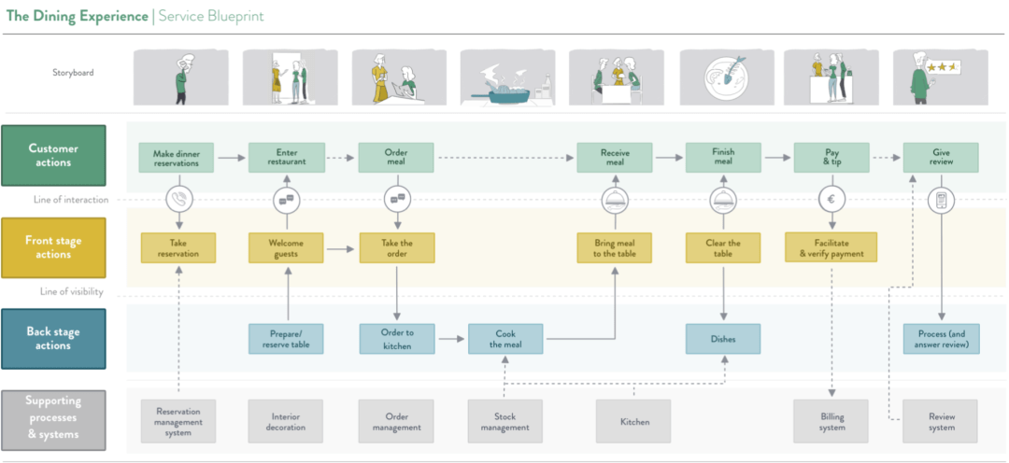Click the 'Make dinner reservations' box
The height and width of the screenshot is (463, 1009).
click(x=178, y=158)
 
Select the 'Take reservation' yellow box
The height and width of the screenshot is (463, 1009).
click(x=178, y=248)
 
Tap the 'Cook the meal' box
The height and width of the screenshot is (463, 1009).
click(x=505, y=339)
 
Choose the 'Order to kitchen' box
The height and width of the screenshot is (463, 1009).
click(x=396, y=339)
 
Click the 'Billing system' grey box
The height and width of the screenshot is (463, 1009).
click(x=831, y=422)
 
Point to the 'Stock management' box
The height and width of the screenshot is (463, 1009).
click(x=505, y=422)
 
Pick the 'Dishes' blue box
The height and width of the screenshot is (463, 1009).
click(x=723, y=339)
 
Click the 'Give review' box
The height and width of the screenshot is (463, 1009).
click(x=941, y=158)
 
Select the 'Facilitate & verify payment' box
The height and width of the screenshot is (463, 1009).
click(x=831, y=248)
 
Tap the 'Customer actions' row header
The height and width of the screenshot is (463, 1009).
click(x=53, y=155)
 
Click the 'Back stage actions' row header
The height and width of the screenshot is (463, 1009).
click(x=53, y=338)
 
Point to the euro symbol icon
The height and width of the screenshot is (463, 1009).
click(x=831, y=200)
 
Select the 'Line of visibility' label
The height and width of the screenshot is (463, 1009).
click(x=71, y=292)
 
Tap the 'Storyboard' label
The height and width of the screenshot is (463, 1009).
click(x=73, y=73)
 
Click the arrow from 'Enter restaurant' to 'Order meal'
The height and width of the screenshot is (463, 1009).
click(x=341, y=159)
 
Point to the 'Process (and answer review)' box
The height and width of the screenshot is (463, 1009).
click(x=941, y=339)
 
